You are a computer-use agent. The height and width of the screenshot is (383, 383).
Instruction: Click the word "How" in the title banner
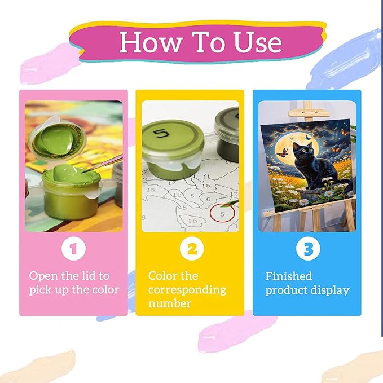tap(151, 42)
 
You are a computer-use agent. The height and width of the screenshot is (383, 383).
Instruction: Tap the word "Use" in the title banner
tap(258, 42)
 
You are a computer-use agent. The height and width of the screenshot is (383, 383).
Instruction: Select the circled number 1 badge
tap(73, 248)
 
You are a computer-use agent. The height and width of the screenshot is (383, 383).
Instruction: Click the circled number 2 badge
tap(192, 248)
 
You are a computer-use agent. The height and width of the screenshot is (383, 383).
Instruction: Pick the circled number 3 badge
tap(308, 248)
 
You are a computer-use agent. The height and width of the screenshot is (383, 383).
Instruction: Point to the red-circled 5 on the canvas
tap(222, 213)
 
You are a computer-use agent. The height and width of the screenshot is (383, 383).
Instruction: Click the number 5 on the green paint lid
tap(161, 133)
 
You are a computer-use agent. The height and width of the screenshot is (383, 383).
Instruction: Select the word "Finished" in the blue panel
tap(289, 276)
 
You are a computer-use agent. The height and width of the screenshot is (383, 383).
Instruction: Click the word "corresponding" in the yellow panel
tap(187, 290)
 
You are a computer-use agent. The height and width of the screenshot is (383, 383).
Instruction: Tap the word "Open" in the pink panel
tap(43, 276)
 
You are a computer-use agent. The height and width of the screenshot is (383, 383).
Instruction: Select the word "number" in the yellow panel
tap(170, 303)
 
